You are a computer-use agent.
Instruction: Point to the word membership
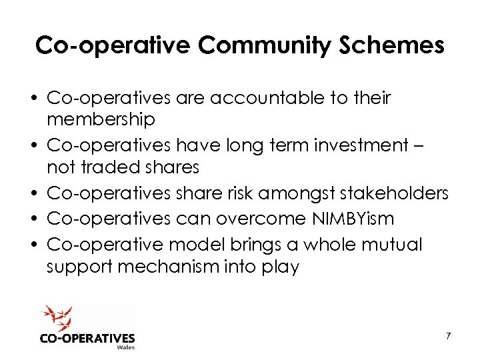click(101, 119)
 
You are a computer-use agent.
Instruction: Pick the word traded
click(107, 166)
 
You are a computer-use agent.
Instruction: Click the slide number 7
click(448, 336)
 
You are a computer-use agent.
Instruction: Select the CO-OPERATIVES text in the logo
click(87, 337)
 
